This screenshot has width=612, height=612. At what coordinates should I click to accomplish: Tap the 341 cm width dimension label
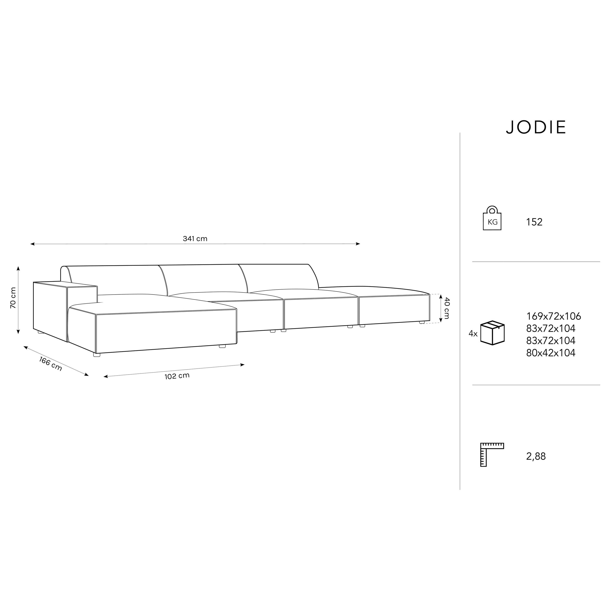pyautogui.click(x=195, y=238)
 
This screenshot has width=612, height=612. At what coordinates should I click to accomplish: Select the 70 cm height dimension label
pyautogui.click(x=13, y=298)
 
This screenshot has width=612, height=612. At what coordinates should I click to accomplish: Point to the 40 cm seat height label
pyautogui.click(x=446, y=308)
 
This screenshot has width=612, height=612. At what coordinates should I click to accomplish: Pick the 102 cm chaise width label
pyautogui.click(x=177, y=376)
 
